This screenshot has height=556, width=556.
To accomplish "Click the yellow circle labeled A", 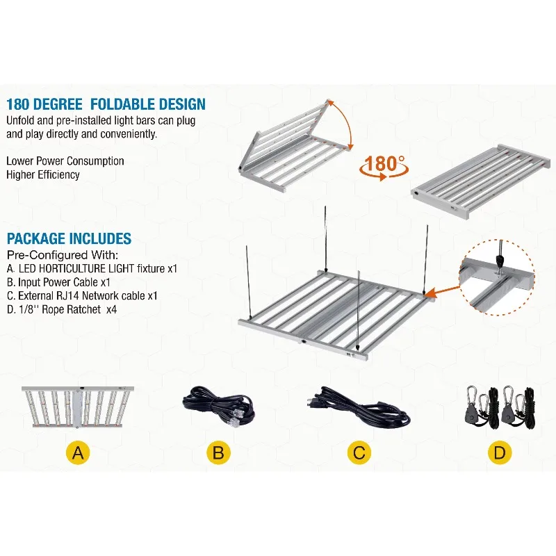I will point(79,453).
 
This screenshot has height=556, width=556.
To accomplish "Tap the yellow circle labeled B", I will point(218,453).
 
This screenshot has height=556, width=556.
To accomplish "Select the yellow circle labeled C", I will point(359,453).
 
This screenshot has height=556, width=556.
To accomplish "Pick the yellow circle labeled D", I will point(499,453).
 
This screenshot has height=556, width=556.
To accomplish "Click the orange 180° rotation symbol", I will point(383,167).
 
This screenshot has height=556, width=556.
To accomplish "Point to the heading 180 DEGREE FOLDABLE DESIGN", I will point(106,104).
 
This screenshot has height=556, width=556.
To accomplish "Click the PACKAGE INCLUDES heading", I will point(69,239).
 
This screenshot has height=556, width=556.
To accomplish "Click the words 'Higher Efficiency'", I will point(43,174).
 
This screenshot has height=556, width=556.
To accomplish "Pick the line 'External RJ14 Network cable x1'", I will point(82,295).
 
